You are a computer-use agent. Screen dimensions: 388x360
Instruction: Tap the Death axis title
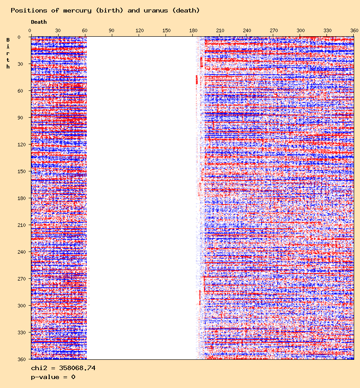39,22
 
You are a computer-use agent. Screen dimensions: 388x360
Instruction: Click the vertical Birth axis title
8,53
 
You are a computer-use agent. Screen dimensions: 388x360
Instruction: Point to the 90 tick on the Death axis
111,30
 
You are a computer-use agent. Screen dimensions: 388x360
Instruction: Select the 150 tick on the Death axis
166,30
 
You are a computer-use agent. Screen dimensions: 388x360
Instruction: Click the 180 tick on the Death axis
194,30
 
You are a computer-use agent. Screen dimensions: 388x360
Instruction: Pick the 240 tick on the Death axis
247,30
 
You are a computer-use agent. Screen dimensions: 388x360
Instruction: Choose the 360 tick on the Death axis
354,30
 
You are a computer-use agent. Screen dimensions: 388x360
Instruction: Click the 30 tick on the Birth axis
21,64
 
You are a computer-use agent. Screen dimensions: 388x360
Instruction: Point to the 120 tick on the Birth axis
20,145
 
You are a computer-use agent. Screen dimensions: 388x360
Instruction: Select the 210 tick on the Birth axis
20,225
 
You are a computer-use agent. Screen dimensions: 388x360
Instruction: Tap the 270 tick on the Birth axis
20,279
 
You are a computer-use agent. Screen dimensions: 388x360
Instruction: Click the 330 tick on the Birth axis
20,333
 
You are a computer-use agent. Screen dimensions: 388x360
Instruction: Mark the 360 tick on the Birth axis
20,359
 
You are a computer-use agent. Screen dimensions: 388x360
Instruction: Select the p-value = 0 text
53,377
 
